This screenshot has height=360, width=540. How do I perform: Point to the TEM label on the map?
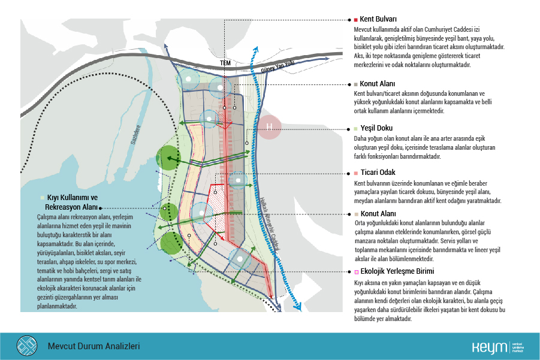point(225,62)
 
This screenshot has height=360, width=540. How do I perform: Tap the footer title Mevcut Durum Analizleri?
point(93,346)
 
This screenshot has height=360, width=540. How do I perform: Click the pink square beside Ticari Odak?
point(356,173)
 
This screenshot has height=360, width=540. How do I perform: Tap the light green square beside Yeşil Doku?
point(356,128)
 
